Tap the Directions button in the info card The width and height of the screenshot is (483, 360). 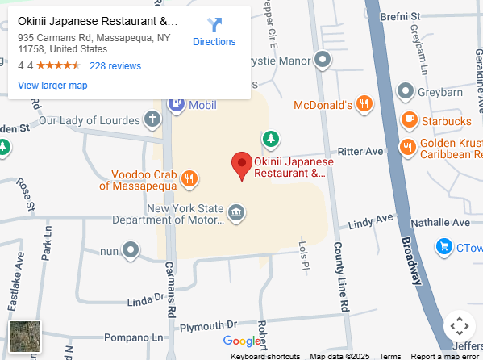214,32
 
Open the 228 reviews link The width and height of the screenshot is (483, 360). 115,66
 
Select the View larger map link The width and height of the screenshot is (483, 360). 52,86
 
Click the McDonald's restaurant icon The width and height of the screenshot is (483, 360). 364,103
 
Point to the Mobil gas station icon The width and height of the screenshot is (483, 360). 175,105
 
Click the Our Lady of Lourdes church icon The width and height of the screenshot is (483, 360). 152,120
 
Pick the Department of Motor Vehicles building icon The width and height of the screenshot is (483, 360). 235,212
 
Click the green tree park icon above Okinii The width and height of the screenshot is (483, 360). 272,140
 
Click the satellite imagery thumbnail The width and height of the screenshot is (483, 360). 25,336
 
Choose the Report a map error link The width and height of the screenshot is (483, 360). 445,356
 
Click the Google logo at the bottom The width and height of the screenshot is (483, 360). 242,341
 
